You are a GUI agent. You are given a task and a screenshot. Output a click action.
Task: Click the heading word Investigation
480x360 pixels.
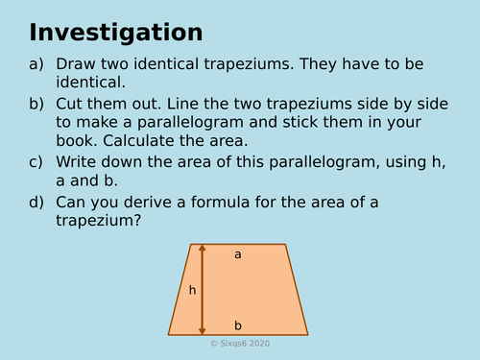click(115, 32)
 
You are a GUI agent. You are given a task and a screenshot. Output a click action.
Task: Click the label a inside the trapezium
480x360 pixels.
click(238, 254)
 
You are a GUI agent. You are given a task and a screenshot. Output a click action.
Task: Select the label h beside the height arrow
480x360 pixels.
click(192, 290)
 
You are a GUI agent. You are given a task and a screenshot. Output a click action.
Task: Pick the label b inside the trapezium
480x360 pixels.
click(238, 325)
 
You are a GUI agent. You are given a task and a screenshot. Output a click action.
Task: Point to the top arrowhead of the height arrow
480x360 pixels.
click(202, 249)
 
